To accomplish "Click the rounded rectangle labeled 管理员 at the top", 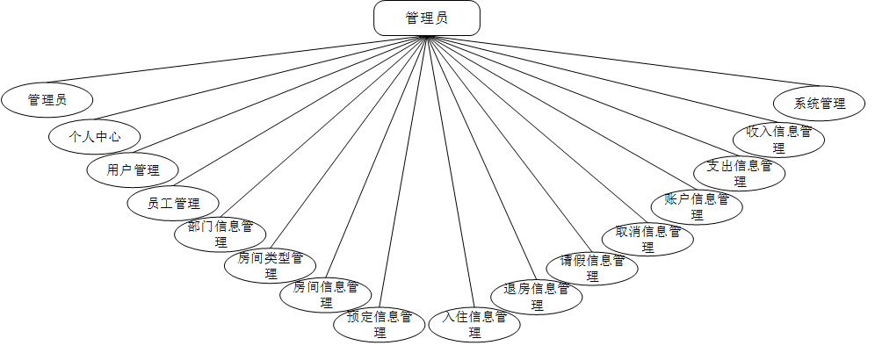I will pyautogui.click(x=427, y=18).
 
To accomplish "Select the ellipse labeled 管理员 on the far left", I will pyautogui.click(x=47, y=100).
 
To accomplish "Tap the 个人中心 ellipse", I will pyautogui.click(x=94, y=136).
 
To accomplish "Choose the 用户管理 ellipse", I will pyautogui.click(x=133, y=169).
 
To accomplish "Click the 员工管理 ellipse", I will pyautogui.click(x=173, y=204).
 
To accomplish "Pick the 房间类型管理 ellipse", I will pyautogui.click(x=270, y=264).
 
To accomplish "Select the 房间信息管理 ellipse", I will pyautogui.click(x=326, y=294).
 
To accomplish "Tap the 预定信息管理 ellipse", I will pyautogui.click(x=380, y=323).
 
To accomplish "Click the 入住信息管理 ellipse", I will pyautogui.click(x=474, y=324).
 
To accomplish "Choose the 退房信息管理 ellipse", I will pyautogui.click(x=536, y=296).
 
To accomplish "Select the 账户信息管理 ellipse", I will pyautogui.click(x=697, y=205).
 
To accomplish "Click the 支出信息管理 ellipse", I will pyautogui.click(x=739, y=172).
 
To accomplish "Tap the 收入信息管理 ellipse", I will pyautogui.click(x=778, y=139).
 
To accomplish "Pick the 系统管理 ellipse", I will pyautogui.click(x=819, y=104).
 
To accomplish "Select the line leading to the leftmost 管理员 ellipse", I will pyautogui.click(x=220, y=61).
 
